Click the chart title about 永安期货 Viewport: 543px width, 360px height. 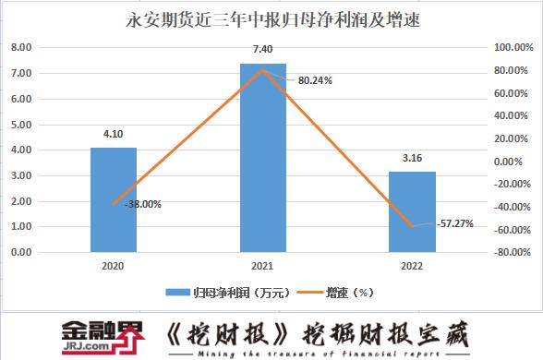[271, 19]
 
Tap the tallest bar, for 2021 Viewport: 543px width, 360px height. [263, 157]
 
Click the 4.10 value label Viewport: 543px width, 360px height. [114, 134]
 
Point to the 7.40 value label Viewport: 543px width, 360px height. [263, 49]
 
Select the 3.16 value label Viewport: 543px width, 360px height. [413, 158]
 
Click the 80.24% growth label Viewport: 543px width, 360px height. [315, 80]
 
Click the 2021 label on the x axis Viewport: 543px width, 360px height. [263, 265]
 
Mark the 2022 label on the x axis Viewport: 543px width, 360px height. [413, 265]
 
